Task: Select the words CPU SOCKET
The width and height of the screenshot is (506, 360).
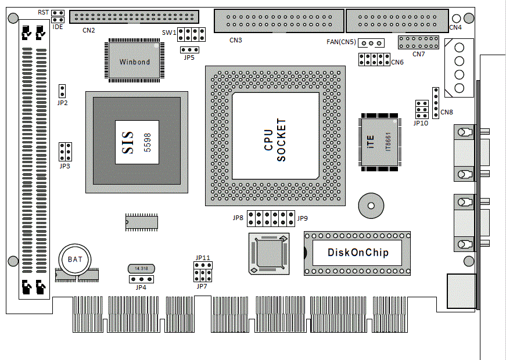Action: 275,141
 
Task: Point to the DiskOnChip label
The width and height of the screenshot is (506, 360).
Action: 357,253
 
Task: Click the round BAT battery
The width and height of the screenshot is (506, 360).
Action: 75,259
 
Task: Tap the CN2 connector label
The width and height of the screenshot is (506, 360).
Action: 89,30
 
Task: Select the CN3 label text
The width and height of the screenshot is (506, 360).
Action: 235,40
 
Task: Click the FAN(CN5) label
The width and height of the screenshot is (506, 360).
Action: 340,42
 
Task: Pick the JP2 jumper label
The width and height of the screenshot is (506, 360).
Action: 63,103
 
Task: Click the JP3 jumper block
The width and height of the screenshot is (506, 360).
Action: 66,152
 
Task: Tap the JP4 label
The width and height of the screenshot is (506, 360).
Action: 141,287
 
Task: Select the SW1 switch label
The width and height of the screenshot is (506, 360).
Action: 169,33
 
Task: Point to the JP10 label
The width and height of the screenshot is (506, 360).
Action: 421,123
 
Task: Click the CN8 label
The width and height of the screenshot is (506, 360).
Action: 447,112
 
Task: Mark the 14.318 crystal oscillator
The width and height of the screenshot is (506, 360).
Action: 141,269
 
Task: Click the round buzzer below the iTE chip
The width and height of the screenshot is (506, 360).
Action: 370,205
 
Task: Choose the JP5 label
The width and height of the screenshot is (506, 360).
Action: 189,57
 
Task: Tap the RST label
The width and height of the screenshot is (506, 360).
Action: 43,12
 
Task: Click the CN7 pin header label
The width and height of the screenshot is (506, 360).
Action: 419,54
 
